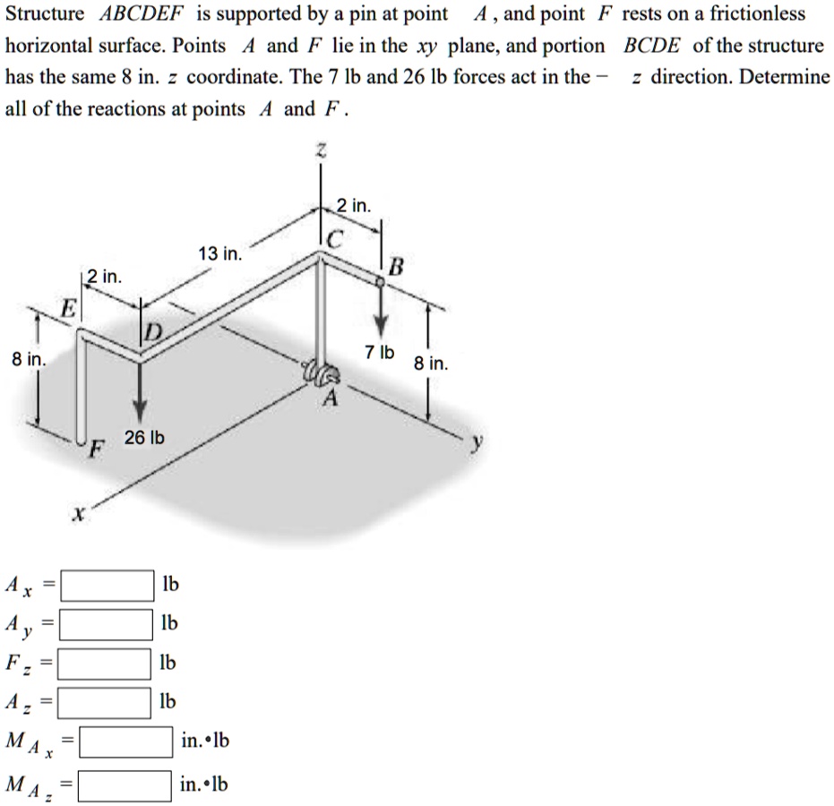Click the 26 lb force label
(x=144, y=437)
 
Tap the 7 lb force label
(x=381, y=351)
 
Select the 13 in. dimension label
(x=219, y=254)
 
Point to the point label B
(x=396, y=265)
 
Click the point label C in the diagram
(x=333, y=239)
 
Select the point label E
(x=68, y=309)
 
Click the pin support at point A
(x=323, y=374)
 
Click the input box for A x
(x=108, y=586)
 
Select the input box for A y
(x=108, y=624)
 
